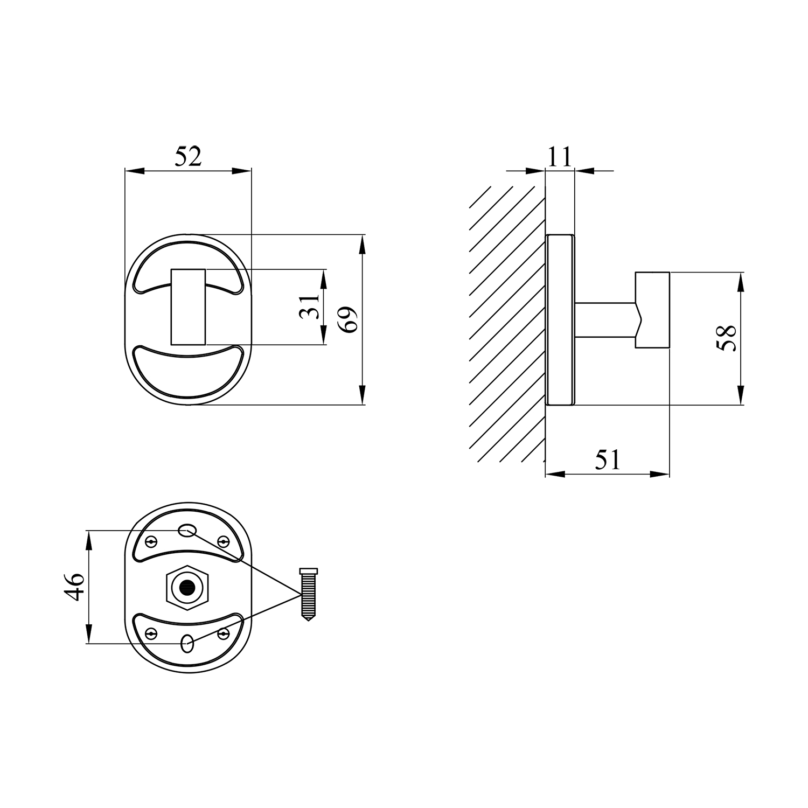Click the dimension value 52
pyautogui.click(x=188, y=156)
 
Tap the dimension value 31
pyautogui.click(x=309, y=307)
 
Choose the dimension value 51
pyautogui.click(x=608, y=461)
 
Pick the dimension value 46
pyautogui.click(x=75, y=587)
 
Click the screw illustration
pyautogui.click(x=308, y=595)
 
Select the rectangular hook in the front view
pyautogui.click(x=188, y=307)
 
